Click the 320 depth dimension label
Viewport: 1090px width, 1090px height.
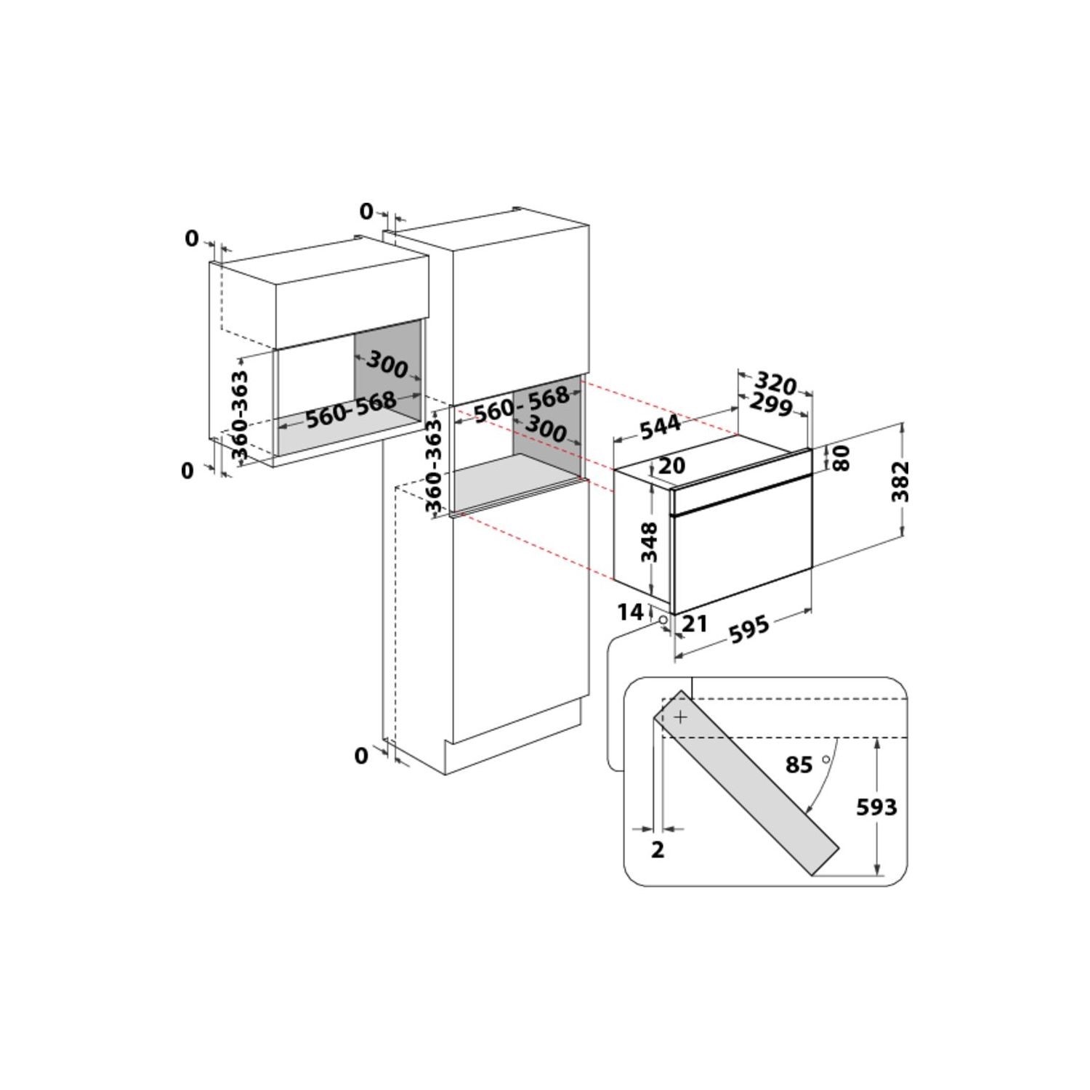pyautogui.click(x=776, y=382)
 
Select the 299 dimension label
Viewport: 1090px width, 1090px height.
pyautogui.click(x=770, y=405)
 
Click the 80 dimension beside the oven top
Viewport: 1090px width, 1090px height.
pyautogui.click(x=841, y=458)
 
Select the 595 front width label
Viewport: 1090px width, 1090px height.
pyautogui.click(x=748, y=628)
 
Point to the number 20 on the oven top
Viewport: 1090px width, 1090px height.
pyautogui.click(x=671, y=465)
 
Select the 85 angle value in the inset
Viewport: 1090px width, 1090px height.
pyautogui.click(x=799, y=765)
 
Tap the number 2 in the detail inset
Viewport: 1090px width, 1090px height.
pyautogui.click(x=658, y=849)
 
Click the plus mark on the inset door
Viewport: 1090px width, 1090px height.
pyautogui.click(x=680, y=717)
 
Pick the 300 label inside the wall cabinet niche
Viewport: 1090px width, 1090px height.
pyautogui.click(x=387, y=363)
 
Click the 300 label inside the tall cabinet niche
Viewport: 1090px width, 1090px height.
pyautogui.click(x=544, y=429)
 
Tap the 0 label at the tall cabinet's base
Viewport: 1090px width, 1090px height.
pyautogui.click(x=361, y=756)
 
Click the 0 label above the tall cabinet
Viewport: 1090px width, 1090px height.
pyautogui.click(x=366, y=211)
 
